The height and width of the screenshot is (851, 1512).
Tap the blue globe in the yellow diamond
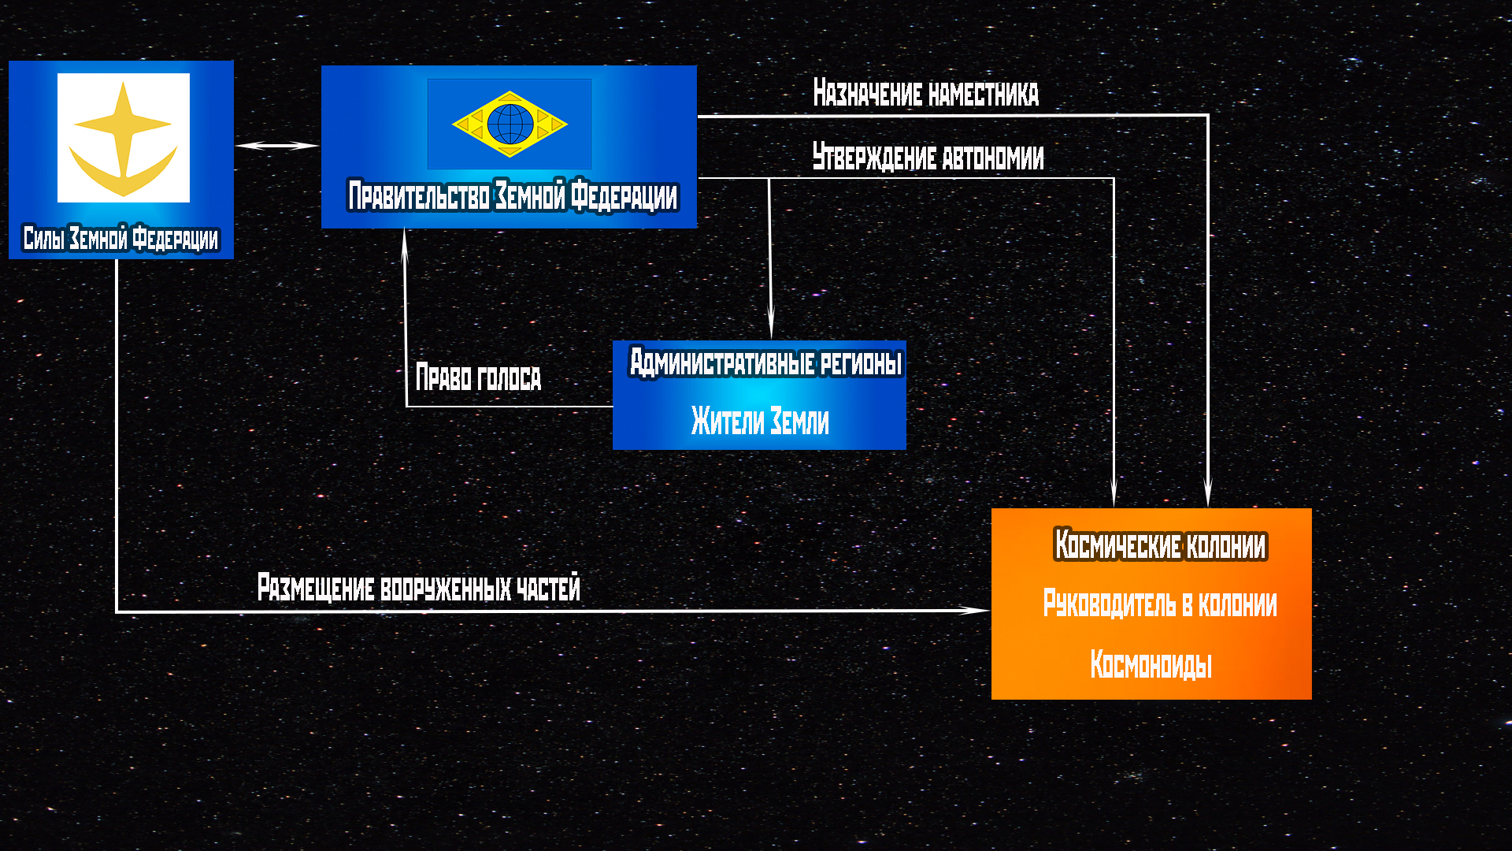510,124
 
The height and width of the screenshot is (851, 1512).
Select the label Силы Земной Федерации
120,238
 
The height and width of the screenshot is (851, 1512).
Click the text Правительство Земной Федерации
512,196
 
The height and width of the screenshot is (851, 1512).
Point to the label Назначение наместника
925,93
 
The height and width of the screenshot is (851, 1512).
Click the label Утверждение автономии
928,158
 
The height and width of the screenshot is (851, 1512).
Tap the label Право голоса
478,377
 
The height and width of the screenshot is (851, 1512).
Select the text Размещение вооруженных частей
418,588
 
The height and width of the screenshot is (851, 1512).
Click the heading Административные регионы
765,363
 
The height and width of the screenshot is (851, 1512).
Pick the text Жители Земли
760,421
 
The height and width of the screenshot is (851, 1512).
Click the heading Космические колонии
1159,545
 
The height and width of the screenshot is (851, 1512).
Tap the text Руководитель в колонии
1159,604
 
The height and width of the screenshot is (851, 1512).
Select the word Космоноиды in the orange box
1151,665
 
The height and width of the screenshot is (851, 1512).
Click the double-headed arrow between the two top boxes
277,146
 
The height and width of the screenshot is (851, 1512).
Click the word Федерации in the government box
624,196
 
